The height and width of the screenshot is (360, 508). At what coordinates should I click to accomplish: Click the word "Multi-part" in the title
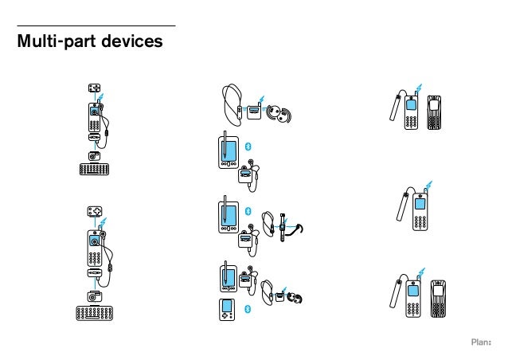[61, 41]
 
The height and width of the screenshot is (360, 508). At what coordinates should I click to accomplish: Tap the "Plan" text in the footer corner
[480, 342]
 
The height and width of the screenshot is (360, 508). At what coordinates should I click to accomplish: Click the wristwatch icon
[282, 230]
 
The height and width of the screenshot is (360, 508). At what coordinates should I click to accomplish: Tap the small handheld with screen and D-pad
[226, 309]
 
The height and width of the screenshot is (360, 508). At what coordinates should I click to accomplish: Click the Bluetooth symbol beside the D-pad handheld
[247, 308]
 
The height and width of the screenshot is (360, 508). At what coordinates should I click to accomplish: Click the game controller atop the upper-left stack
[95, 89]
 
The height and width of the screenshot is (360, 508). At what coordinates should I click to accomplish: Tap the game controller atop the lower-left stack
[95, 213]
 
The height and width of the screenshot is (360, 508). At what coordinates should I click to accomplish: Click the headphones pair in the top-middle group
[279, 112]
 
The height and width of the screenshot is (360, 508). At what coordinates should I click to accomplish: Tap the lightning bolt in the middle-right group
[428, 188]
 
